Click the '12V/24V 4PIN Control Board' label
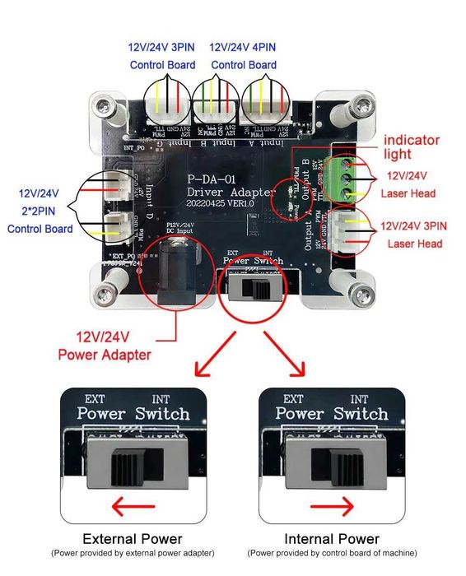coord(243,56)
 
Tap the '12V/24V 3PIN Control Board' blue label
coord(161,56)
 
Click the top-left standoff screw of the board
coord(105,105)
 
